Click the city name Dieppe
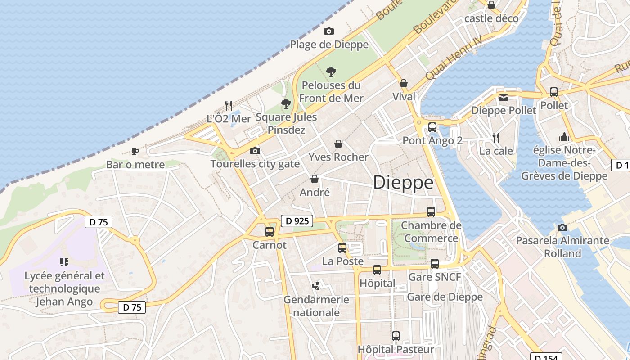[403, 183]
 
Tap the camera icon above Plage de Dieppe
[329, 31]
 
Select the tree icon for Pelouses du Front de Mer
[331, 72]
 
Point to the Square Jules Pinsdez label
[286, 123]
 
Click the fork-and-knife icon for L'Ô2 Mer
[229, 106]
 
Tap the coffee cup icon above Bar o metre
[135, 151]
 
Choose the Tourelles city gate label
[255, 164]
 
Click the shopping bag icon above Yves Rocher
[338, 144]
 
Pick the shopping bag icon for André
[315, 179]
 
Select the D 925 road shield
[297, 220]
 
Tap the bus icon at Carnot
[270, 232]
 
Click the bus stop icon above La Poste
[342, 247]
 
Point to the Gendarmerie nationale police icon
[316, 286]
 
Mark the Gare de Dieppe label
[445, 297]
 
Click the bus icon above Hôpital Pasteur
[396, 336]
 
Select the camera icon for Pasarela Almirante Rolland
[562, 227]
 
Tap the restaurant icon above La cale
[496, 137]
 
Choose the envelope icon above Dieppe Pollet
[504, 97]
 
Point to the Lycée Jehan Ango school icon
[64, 262]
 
